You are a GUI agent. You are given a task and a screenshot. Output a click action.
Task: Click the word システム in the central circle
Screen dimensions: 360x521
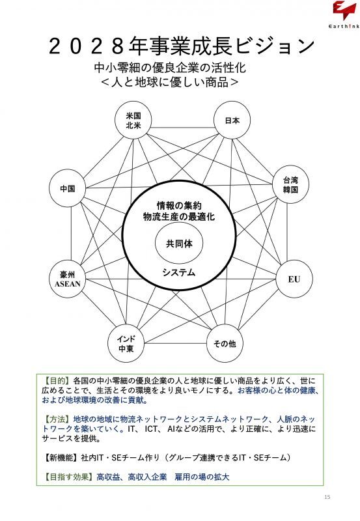[179, 273]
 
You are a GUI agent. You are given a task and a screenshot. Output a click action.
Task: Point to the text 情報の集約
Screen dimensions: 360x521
[179, 206]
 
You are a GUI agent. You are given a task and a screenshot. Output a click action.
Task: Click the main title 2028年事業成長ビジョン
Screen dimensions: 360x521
[182, 46]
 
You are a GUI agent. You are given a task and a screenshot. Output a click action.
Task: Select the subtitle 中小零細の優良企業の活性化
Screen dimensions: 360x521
[170, 68]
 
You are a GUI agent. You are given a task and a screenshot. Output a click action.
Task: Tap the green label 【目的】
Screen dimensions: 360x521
[57, 380]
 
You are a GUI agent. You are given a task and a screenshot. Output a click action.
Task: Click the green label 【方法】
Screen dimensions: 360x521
[57, 419]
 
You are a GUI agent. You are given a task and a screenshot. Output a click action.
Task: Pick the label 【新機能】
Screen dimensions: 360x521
[61, 458]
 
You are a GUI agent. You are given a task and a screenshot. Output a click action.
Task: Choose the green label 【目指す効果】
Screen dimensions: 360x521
[69, 477]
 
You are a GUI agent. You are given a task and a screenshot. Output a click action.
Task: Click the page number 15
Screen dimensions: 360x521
[327, 497]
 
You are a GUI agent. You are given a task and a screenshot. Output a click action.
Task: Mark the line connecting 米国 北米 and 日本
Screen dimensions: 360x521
[183, 128]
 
